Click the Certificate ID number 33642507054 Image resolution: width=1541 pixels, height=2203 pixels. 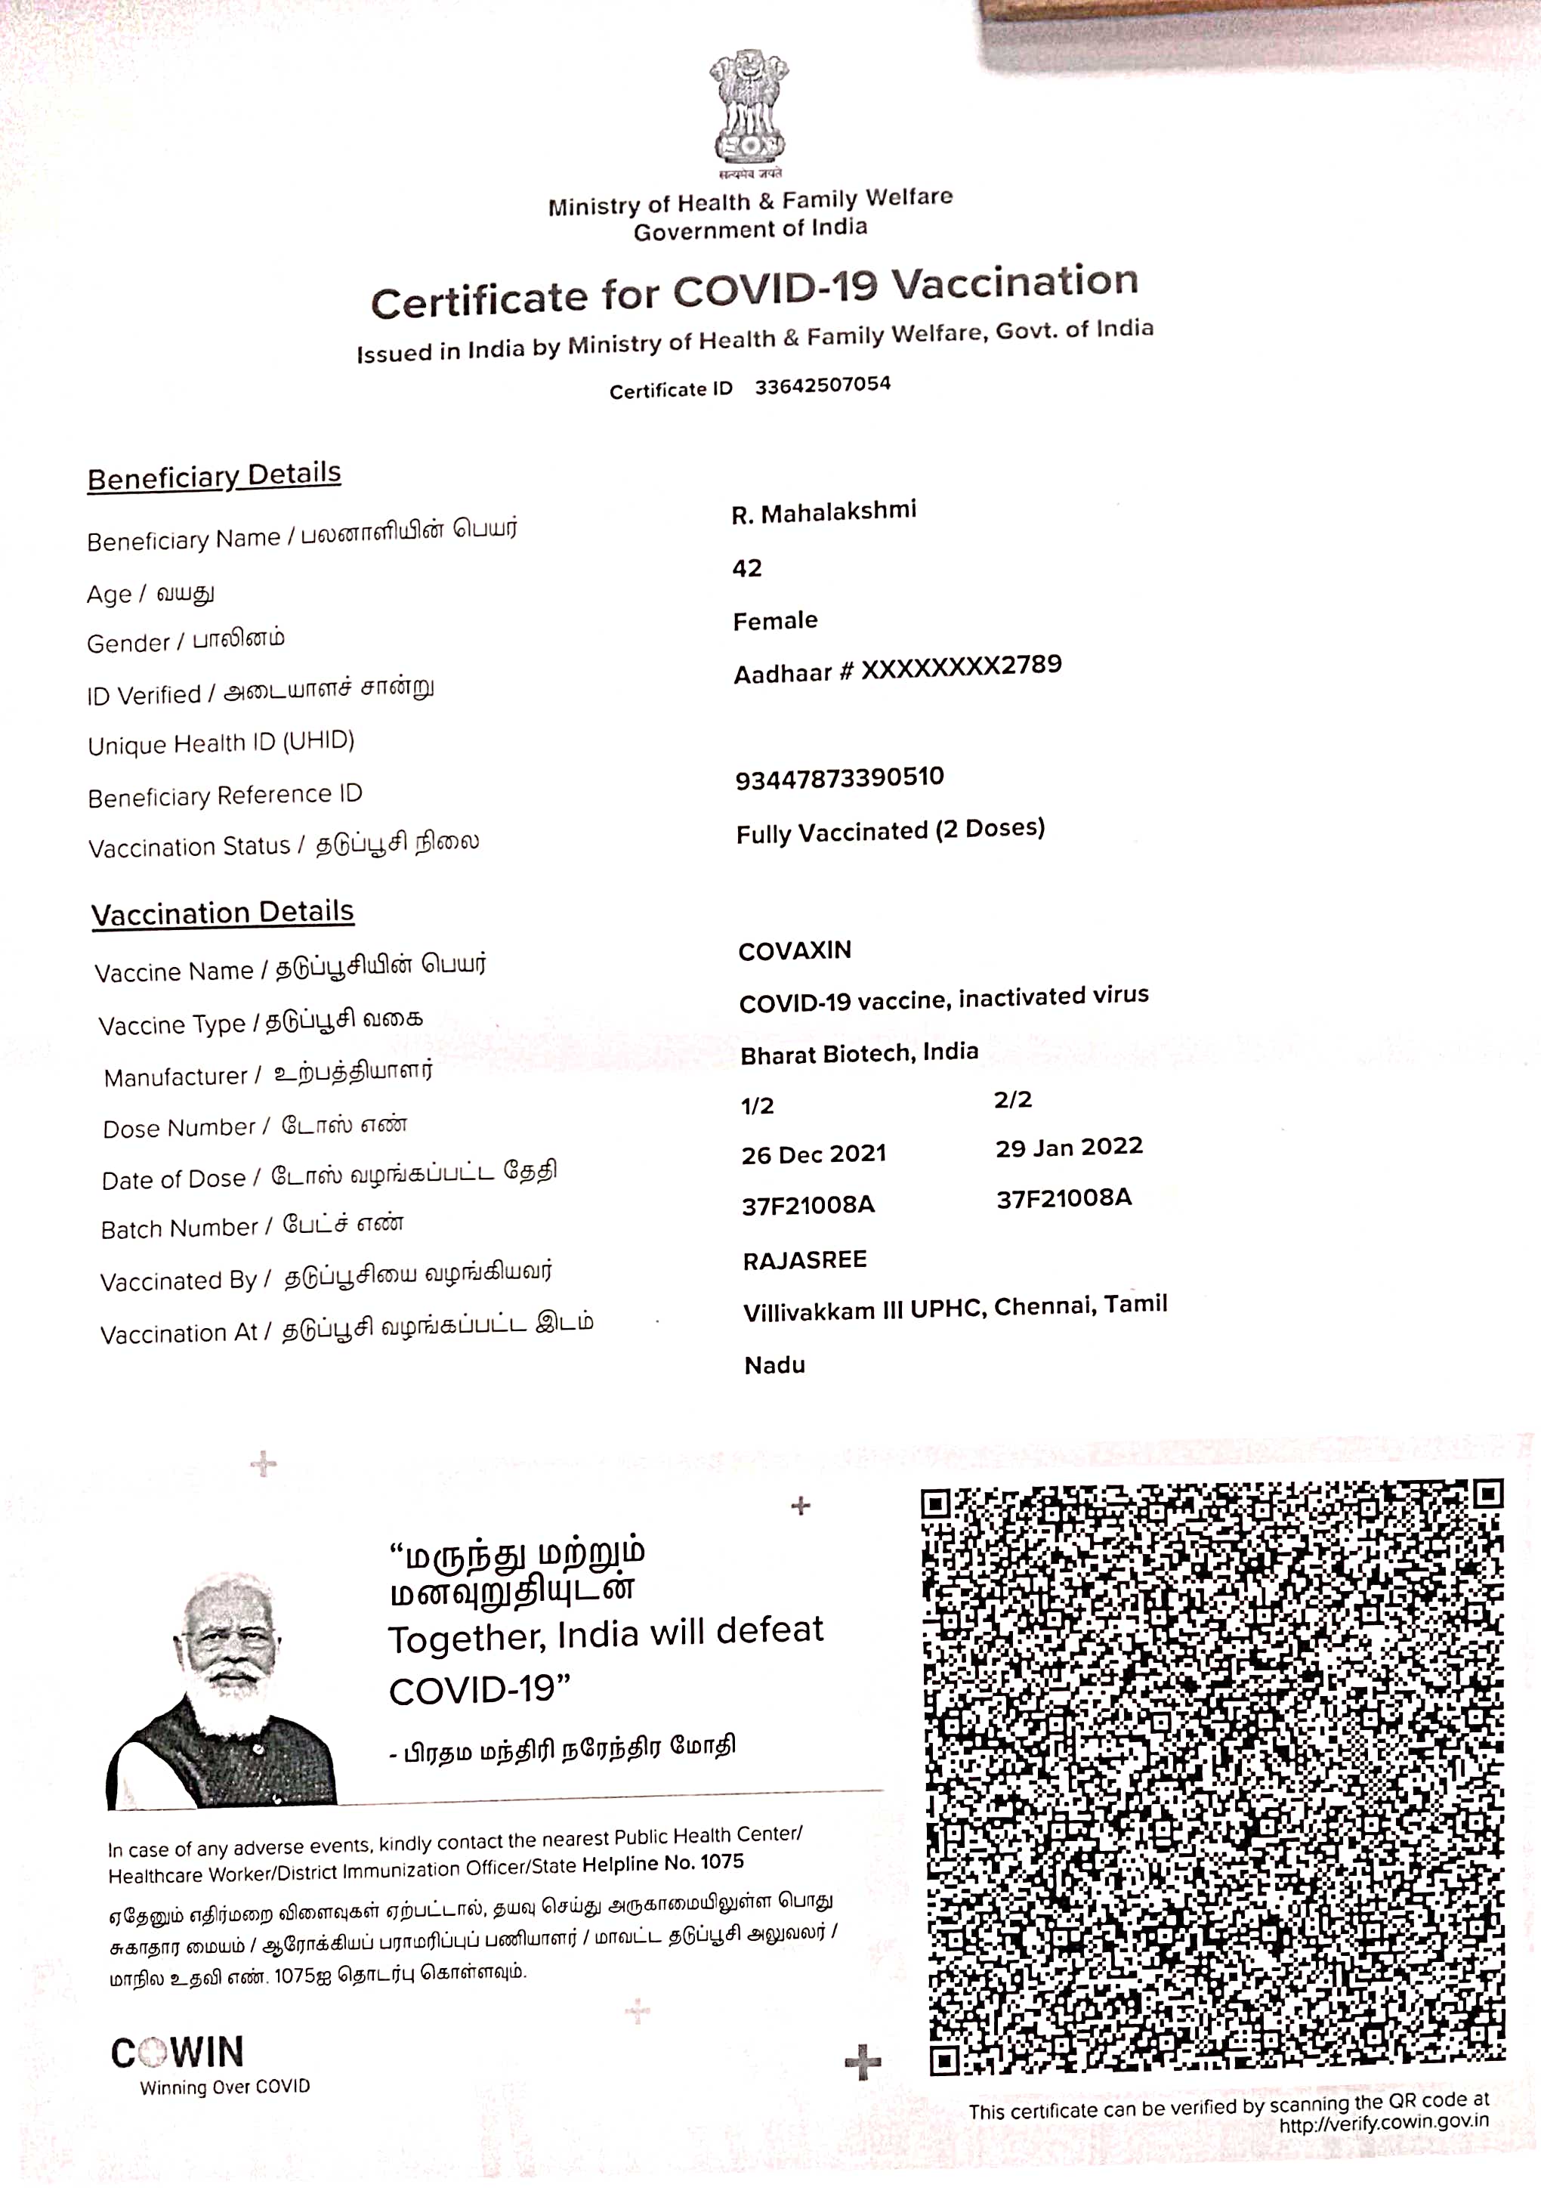click(823, 385)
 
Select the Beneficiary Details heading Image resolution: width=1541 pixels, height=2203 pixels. click(214, 476)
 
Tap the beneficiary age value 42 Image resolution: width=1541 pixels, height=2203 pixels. click(746, 568)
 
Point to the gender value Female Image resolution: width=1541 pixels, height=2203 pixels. click(775, 621)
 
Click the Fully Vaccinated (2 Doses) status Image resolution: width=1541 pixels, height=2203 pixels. click(890, 830)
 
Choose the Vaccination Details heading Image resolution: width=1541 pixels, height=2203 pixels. click(223, 913)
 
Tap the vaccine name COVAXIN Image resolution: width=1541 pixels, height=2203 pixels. click(795, 950)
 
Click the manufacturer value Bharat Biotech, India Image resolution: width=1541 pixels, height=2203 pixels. click(859, 1052)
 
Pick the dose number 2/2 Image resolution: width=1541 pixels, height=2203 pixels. click(1012, 1099)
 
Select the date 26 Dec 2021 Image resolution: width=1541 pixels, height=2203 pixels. click(814, 1154)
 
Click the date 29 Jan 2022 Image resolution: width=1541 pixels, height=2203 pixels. click(1069, 1148)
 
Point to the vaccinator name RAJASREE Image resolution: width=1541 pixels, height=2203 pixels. click(804, 1260)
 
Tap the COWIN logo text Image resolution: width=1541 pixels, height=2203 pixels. click(178, 2054)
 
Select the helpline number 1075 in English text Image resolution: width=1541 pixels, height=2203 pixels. click(721, 1862)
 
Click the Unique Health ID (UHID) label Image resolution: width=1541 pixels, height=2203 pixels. click(221, 743)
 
